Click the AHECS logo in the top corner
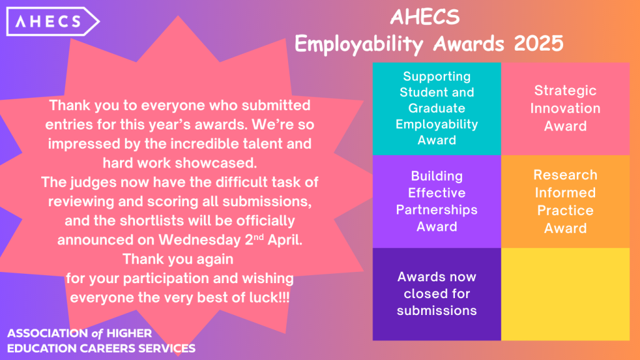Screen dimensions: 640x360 point(52,22)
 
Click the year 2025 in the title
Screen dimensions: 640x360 point(538,43)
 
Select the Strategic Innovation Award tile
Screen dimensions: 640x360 point(565,109)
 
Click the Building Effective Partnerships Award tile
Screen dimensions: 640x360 point(437,201)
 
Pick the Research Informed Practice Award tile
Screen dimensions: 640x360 point(565,201)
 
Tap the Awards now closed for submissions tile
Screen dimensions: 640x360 point(437,294)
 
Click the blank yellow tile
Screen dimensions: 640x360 point(565,294)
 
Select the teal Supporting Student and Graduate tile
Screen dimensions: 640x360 point(437,109)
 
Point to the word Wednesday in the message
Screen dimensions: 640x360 point(199,240)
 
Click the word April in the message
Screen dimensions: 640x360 point(285,239)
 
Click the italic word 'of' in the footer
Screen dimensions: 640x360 point(97,334)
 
